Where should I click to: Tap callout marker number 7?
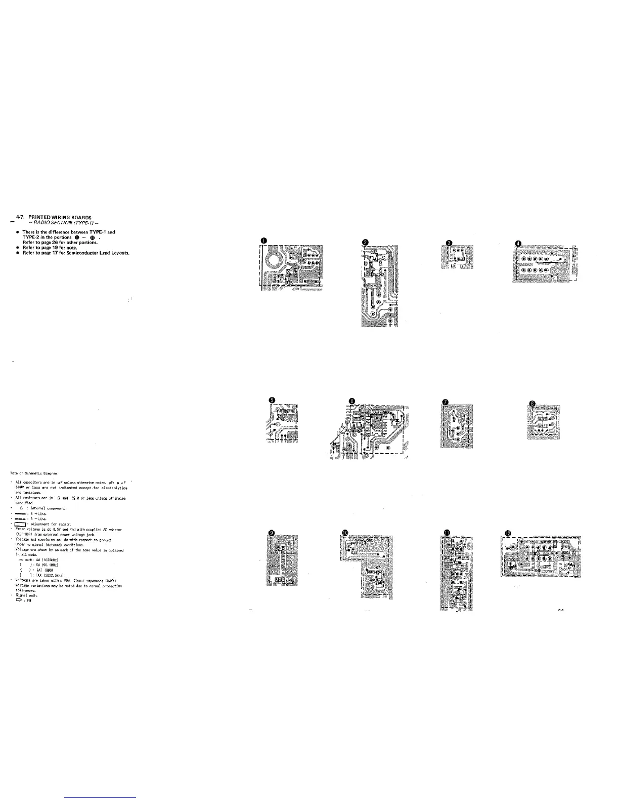pyautogui.click(x=445, y=402)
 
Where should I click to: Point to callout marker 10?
pyautogui.click(x=345, y=533)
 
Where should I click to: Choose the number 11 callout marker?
pyautogui.click(x=446, y=532)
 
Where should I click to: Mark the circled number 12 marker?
pyautogui.click(x=508, y=532)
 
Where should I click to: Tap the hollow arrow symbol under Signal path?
pyautogui.click(x=20, y=601)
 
